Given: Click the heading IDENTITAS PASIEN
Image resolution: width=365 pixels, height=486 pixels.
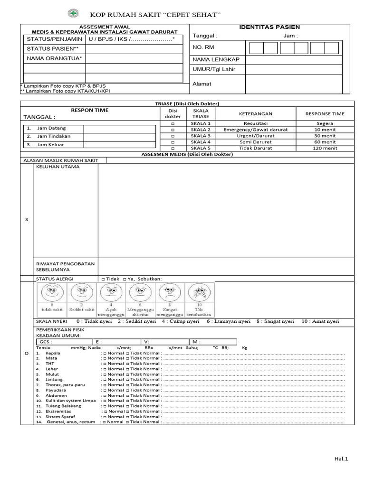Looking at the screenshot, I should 269,27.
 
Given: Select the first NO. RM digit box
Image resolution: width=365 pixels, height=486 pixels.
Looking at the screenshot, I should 257,48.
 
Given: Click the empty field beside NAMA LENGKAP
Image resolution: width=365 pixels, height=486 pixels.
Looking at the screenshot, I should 298,60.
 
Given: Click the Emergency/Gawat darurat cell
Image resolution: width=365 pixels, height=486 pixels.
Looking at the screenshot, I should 255,130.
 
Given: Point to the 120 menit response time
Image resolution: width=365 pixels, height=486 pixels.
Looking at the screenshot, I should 325,148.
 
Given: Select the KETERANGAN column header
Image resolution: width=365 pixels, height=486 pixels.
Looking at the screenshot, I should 255,114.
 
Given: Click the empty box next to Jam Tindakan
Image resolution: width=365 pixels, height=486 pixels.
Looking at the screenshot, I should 119,136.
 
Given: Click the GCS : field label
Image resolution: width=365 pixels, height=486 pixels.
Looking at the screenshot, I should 46,341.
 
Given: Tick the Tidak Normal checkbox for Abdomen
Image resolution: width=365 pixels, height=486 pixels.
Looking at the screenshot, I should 128,395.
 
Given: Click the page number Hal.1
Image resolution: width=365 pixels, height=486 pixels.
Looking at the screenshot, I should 341,458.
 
